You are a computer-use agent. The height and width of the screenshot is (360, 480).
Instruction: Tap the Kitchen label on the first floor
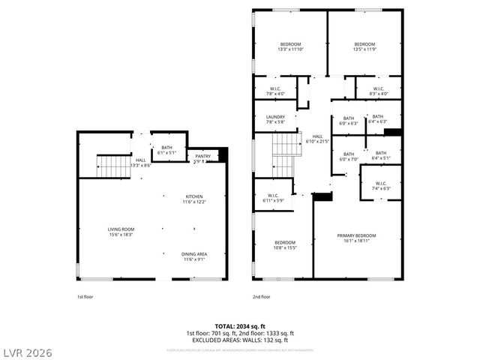point(194,199)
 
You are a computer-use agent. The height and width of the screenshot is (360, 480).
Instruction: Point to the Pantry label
point(203,158)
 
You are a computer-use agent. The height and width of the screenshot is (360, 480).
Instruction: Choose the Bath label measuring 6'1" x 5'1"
point(166,150)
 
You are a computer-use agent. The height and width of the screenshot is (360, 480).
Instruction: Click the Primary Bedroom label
point(356,238)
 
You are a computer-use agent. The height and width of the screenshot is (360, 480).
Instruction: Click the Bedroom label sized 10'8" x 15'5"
point(284,244)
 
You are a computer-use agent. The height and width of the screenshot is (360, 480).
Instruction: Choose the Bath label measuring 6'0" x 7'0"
point(349,156)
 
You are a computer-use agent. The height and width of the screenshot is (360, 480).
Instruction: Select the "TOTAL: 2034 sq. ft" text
point(240,326)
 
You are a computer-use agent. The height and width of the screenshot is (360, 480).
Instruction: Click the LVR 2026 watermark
point(28,352)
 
